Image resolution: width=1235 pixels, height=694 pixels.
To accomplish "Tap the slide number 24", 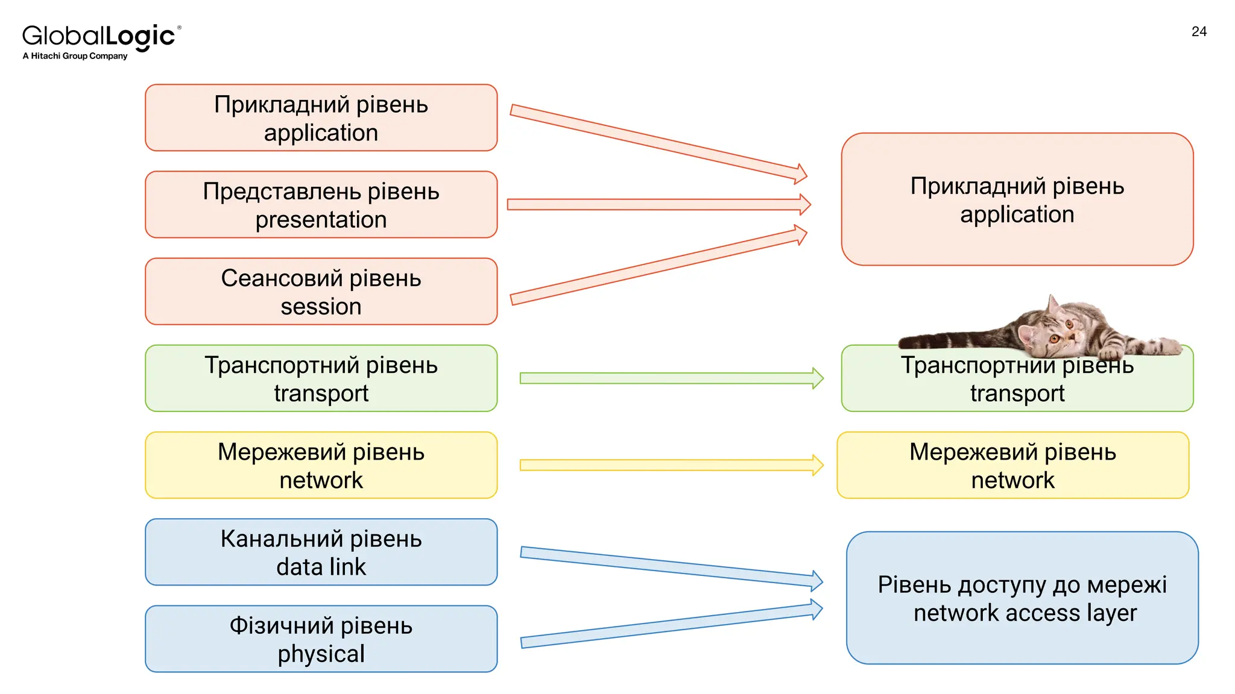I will click(x=1199, y=32).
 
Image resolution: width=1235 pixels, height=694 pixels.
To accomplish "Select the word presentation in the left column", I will click(x=321, y=220).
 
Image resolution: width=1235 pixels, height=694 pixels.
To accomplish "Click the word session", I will click(x=321, y=307).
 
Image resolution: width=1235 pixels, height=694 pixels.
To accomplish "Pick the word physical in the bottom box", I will click(x=321, y=654).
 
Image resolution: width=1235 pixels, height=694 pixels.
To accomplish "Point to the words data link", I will click(x=321, y=567).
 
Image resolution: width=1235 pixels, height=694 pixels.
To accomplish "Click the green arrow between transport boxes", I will click(x=669, y=378).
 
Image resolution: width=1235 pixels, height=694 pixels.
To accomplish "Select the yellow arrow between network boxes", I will click(x=669, y=465).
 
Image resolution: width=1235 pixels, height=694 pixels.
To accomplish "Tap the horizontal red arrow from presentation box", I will click(x=657, y=205).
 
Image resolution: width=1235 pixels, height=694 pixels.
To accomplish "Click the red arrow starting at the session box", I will click(x=657, y=267).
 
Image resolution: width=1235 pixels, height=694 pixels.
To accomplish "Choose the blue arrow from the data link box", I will click(x=669, y=567).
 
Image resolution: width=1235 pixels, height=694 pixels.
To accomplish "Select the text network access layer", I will click(x=1025, y=613).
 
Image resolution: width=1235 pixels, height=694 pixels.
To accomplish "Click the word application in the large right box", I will click(x=1017, y=215).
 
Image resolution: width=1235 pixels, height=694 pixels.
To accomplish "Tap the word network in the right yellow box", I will click(x=1012, y=481).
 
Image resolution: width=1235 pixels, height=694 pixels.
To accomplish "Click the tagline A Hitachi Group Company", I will click(x=75, y=56).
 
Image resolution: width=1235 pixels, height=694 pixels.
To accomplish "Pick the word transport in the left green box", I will click(x=321, y=393).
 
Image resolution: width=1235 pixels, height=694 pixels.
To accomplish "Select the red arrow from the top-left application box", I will click(x=657, y=143).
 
